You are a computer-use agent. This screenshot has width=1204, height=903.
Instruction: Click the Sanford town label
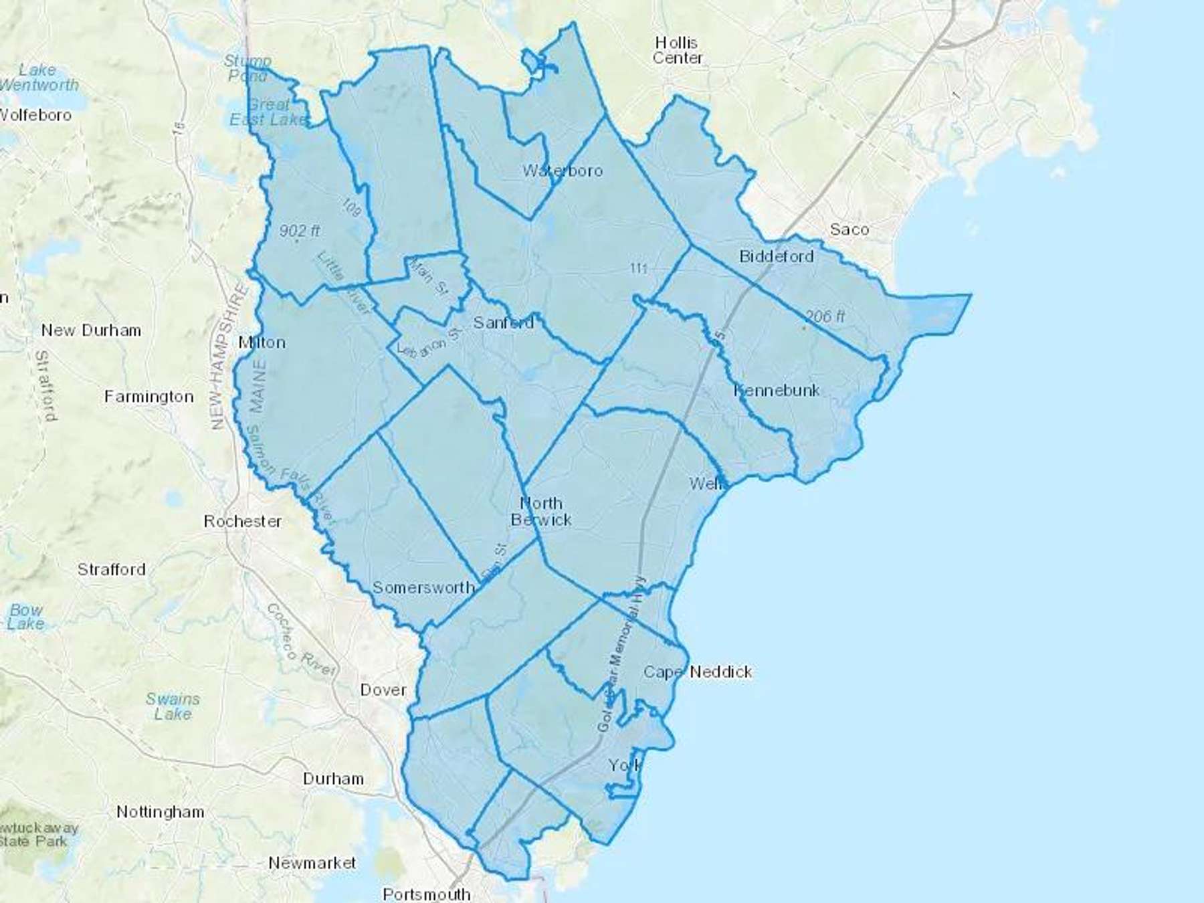pos(503,322)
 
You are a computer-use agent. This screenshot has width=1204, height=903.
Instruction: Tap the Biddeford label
pos(776,256)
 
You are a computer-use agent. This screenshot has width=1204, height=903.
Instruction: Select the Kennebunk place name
pos(777,390)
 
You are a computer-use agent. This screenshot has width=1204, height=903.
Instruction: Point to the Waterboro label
pos(563,171)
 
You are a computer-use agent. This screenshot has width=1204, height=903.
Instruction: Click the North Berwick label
pos(541,512)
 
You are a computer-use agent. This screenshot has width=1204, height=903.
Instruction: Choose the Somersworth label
pos(423,587)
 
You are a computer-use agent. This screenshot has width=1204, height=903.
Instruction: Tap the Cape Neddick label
pos(698,672)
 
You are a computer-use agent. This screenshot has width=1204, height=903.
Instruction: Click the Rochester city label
pos(243,521)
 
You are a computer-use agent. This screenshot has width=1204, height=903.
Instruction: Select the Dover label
pos(383,690)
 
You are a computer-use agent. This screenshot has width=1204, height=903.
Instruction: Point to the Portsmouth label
pos(427,894)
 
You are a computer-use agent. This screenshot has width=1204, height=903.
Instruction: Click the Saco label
pos(849,229)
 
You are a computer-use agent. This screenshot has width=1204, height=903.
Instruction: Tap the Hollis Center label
pos(677,51)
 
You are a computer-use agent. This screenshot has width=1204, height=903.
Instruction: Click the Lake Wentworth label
pos(39,78)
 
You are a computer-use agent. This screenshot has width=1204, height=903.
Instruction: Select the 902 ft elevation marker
pos(299,231)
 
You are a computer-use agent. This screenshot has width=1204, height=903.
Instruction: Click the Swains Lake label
pos(173,706)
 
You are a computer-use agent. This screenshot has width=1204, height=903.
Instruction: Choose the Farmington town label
pos(148,397)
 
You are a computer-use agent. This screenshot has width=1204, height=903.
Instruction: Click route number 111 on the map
pos(638,268)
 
